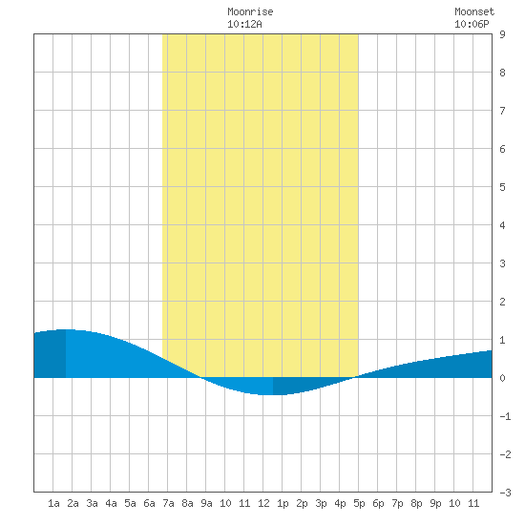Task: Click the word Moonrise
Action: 250,11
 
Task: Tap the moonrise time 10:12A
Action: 244,24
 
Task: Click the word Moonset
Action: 474,11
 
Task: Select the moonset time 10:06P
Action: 472,24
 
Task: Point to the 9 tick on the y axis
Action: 502,34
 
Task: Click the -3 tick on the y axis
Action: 505,493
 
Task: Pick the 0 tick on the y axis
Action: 502,378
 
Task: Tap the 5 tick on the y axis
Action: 502,187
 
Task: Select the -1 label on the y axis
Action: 505,416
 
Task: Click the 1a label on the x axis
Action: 53,503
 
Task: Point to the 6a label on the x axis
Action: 149,503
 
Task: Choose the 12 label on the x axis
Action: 263,503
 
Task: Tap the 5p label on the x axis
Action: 359,503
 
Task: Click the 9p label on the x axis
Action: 435,503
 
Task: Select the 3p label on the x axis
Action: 321,503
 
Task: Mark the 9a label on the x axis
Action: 206,503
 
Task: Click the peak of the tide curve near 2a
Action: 66,329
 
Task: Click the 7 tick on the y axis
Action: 502,111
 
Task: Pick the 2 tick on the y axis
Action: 502,302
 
